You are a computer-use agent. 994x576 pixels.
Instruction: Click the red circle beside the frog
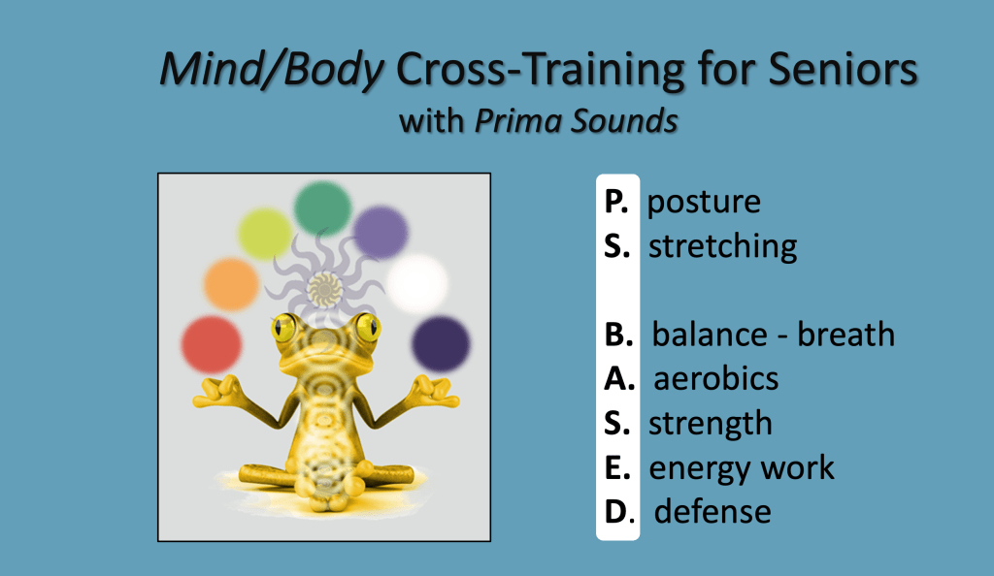click(211, 345)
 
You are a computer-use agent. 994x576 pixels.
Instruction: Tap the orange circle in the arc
click(231, 284)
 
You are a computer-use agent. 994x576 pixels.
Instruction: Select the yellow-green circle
click(265, 234)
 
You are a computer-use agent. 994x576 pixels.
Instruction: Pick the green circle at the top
click(322, 208)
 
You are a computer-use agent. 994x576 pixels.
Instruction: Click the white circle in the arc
click(417, 283)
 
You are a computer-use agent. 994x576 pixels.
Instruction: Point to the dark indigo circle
click(441, 343)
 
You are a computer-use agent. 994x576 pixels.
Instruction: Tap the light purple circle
click(381, 232)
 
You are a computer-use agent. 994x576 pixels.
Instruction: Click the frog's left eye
click(283, 327)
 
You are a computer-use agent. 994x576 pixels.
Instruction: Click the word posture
click(704, 203)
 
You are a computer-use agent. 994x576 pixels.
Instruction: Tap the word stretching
click(722, 246)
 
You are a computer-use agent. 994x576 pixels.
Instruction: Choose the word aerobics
click(715, 379)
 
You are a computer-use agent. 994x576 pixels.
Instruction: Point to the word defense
click(712, 511)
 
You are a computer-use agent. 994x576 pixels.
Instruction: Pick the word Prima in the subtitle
click(519, 120)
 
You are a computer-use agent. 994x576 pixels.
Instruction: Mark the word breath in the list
click(845, 334)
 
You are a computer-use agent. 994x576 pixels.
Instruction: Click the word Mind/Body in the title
click(272, 69)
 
